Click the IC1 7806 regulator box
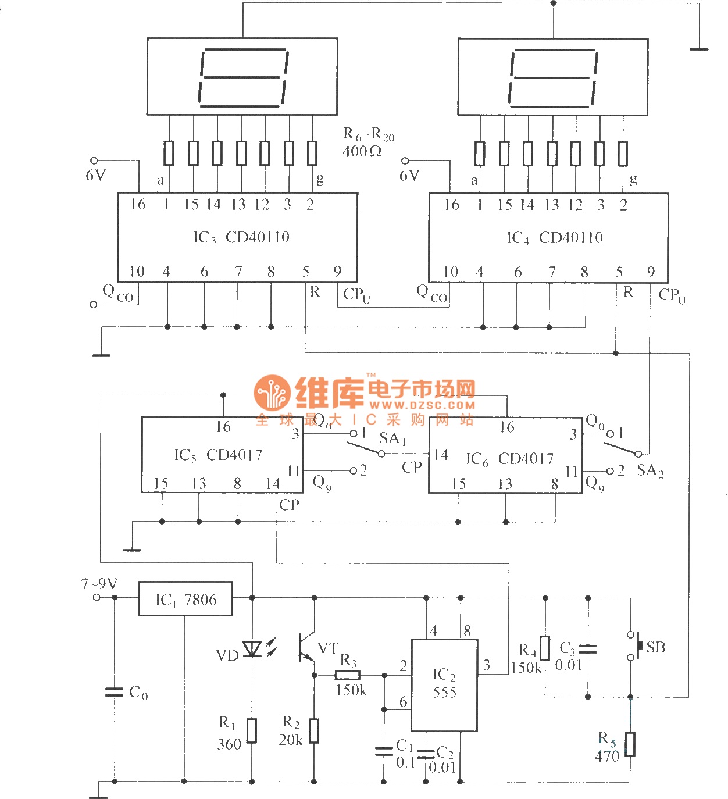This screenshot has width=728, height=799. coord(185,599)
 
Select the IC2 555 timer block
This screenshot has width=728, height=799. coord(444,684)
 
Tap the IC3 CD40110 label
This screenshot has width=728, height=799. coord(241,237)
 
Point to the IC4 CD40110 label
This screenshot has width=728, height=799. coord(555,237)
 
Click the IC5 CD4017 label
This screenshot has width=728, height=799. coord(218,455)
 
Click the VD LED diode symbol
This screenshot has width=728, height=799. coord(252,648)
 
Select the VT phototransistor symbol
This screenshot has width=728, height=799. coord(306,647)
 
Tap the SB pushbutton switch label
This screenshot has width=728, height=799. coord(655,647)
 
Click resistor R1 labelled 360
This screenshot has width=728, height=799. coord(252,731)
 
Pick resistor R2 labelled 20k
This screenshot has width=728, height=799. coord(314,731)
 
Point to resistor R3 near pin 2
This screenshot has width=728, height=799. coord(348,675)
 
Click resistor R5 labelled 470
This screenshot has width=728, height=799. coord(630,744)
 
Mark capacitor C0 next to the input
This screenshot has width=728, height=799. coord(115,692)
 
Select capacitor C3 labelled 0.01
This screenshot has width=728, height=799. coord(588,648)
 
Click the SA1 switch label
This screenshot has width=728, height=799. coord(392,438)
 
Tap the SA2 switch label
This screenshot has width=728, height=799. coord(650,470)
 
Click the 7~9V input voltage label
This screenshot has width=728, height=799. coord(99,583)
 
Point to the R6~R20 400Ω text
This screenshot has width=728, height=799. coord(368,143)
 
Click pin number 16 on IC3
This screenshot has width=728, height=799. coord(138,204)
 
